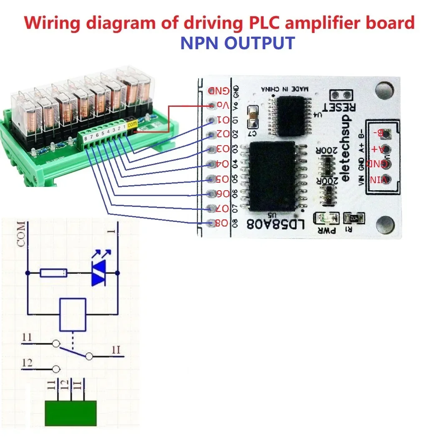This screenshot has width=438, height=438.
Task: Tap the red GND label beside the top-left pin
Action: coord(218,90)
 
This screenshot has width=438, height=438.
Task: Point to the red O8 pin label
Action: coord(221,223)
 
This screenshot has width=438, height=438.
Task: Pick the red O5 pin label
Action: coord(221,179)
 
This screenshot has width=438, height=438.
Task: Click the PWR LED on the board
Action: coord(324,218)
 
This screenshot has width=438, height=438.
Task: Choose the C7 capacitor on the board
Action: coord(253,117)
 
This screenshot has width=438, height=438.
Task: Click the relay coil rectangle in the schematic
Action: coord(73,313)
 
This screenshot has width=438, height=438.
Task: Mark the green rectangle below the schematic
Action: coord(70,413)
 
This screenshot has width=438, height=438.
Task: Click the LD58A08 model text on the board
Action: coord(277,225)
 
